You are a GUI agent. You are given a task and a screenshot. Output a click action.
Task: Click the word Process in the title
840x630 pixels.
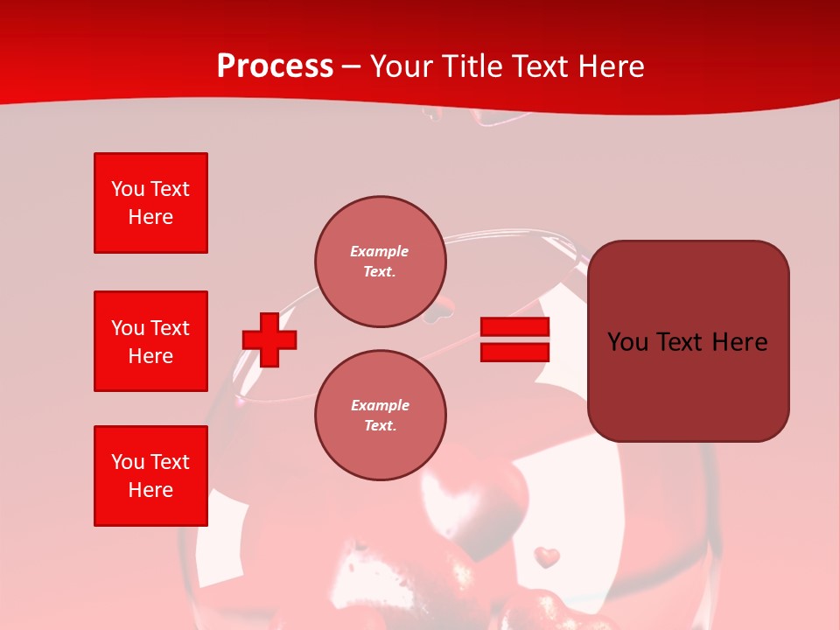(275, 66)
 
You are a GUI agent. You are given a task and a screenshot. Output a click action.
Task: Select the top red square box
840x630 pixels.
(150, 203)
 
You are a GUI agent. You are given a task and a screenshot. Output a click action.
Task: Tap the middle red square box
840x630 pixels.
(150, 341)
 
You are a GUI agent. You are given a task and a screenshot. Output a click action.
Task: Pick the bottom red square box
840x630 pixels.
(150, 476)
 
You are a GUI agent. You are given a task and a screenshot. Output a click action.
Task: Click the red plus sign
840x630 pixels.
(269, 339)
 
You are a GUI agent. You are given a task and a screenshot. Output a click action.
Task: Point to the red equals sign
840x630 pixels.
(514, 339)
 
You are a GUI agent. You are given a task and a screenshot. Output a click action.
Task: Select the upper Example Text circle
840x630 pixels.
(380, 262)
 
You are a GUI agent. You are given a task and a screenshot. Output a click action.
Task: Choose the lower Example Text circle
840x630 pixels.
(380, 416)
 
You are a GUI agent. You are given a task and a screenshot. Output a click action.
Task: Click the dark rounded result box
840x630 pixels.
(688, 341)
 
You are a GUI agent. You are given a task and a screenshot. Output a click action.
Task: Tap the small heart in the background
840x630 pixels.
(547, 556)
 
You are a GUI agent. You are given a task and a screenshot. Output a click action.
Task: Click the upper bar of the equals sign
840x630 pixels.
(514, 327)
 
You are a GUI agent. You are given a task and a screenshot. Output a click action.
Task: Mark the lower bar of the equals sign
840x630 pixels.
(514, 352)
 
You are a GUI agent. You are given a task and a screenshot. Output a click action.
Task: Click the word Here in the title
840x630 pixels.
(609, 66)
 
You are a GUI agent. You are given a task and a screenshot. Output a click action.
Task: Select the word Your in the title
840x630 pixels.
(399, 66)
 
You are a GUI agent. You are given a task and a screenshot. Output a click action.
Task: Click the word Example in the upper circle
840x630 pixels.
(380, 252)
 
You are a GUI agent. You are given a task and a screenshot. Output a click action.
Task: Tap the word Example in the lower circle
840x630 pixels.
(380, 406)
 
